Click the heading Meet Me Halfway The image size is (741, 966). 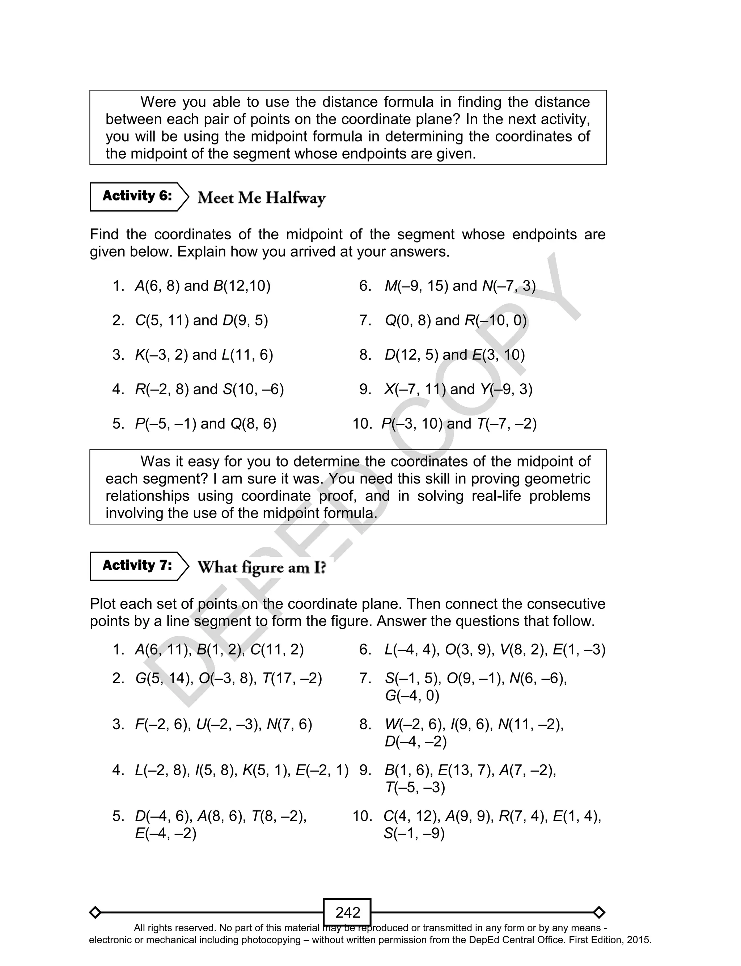(261, 198)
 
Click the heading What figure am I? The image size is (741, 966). (261, 567)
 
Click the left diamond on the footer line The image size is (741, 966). (95, 912)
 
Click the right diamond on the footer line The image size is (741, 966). (599, 912)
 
